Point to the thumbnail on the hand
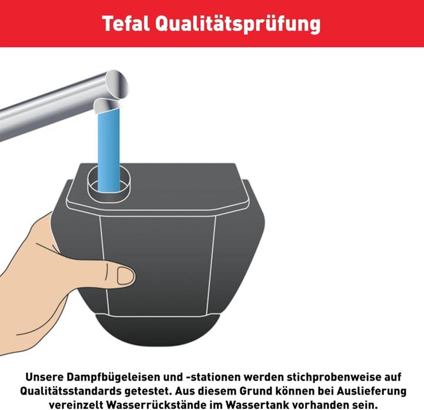(x=125, y=275)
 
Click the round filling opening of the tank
(x=108, y=183)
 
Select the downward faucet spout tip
(x=107, y=106)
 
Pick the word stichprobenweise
(x=317, y=376)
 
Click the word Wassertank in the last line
(x=259, y=405)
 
